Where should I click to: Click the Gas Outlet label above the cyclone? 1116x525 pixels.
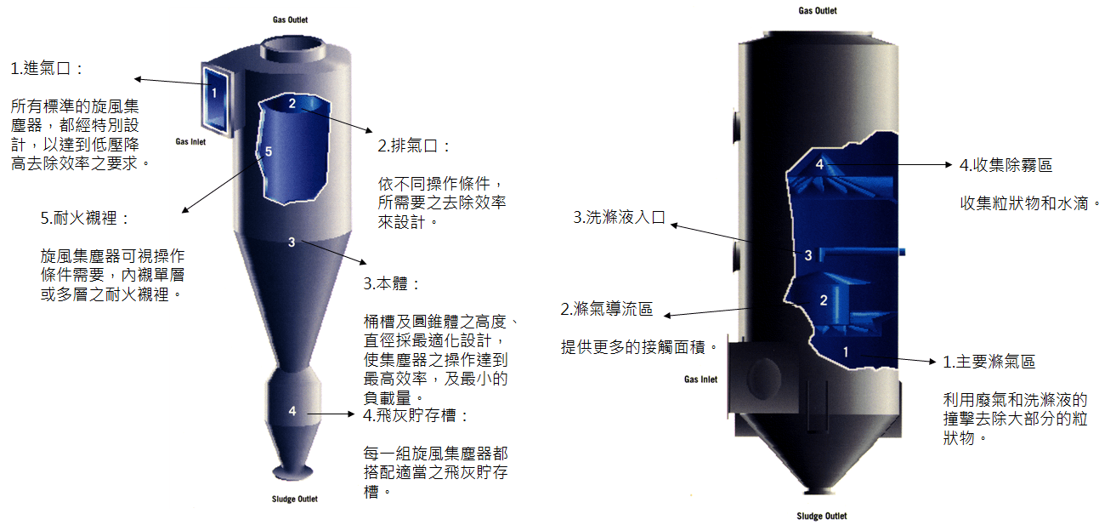pyautogui.click(x=290, y=20)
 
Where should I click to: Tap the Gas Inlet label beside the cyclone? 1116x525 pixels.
pyautogui.click(x=190, y=141)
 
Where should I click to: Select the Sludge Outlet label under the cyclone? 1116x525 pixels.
pyautogui.click(x=294, y=499)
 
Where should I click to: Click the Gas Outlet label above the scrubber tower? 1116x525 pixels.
pyautogui.click(x=818, y=10)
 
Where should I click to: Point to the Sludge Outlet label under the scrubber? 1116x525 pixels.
pyautogui.click(x=822, y=516)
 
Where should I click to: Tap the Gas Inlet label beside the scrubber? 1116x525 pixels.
pyautogui.click(x=700, y=379)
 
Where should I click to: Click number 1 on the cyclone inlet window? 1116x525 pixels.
pyautogui.click(x=214, y=93)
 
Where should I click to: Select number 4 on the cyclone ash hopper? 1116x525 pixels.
pyautogui.click(x=292, y=411)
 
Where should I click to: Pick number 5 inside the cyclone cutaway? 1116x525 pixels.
pyautogui.click(x=269, y=151)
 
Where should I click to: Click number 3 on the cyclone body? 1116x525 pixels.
pyautogui.click(x=292, y=243)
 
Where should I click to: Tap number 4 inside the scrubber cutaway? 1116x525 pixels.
pyautogui.click(x=819, y=164)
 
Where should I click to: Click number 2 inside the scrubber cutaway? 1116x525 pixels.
pyautogui.click(x=824, y=300)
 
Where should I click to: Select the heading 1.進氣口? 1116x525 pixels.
pyautogui.click(x=47, y=68)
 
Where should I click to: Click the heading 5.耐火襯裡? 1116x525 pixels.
pyautogui.click(x=85, y=218)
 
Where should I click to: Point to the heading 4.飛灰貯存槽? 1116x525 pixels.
pyautogui.click(x=416, y=415)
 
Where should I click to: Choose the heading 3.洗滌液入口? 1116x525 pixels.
pyautogui.click(x=620, y=217)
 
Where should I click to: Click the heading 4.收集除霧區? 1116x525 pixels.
pyautogui.click(x=1006, y=165)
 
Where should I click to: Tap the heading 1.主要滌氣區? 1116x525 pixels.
pyautogui.click(x=989, y=362)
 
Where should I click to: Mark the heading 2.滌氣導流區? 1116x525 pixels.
pyautogui.click(x=606, y=309)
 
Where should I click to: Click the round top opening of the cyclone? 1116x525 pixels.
pyautogui.click(x=293, y=50)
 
